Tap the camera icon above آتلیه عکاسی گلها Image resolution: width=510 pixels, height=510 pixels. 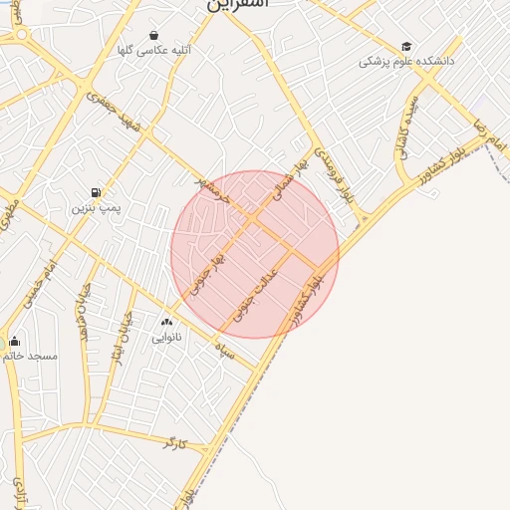tap(152, 35)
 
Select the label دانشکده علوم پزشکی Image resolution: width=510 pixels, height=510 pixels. tap(406, 62)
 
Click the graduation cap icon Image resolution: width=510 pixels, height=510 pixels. tap(406, 47)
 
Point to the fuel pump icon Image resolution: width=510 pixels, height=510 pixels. tap(96, 192)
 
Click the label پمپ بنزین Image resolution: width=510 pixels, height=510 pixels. tap(96, 208)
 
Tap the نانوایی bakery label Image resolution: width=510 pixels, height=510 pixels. tap(166, 337)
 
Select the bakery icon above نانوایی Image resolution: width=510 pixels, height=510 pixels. tap(166, 322)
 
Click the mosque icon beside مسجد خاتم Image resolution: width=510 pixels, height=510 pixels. tap(13, 341)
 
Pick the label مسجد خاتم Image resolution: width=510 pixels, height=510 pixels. tap(30, 356)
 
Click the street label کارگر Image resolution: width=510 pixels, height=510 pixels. tap(175, 441)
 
